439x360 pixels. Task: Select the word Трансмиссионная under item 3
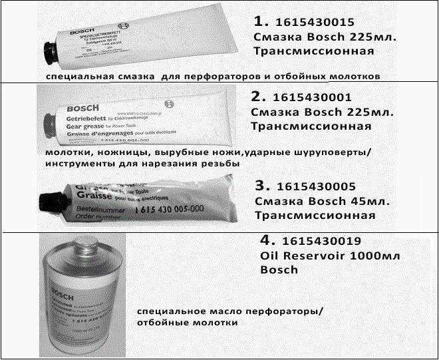tap(315, 215)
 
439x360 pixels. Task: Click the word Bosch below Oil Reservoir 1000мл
tap(279, 270)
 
